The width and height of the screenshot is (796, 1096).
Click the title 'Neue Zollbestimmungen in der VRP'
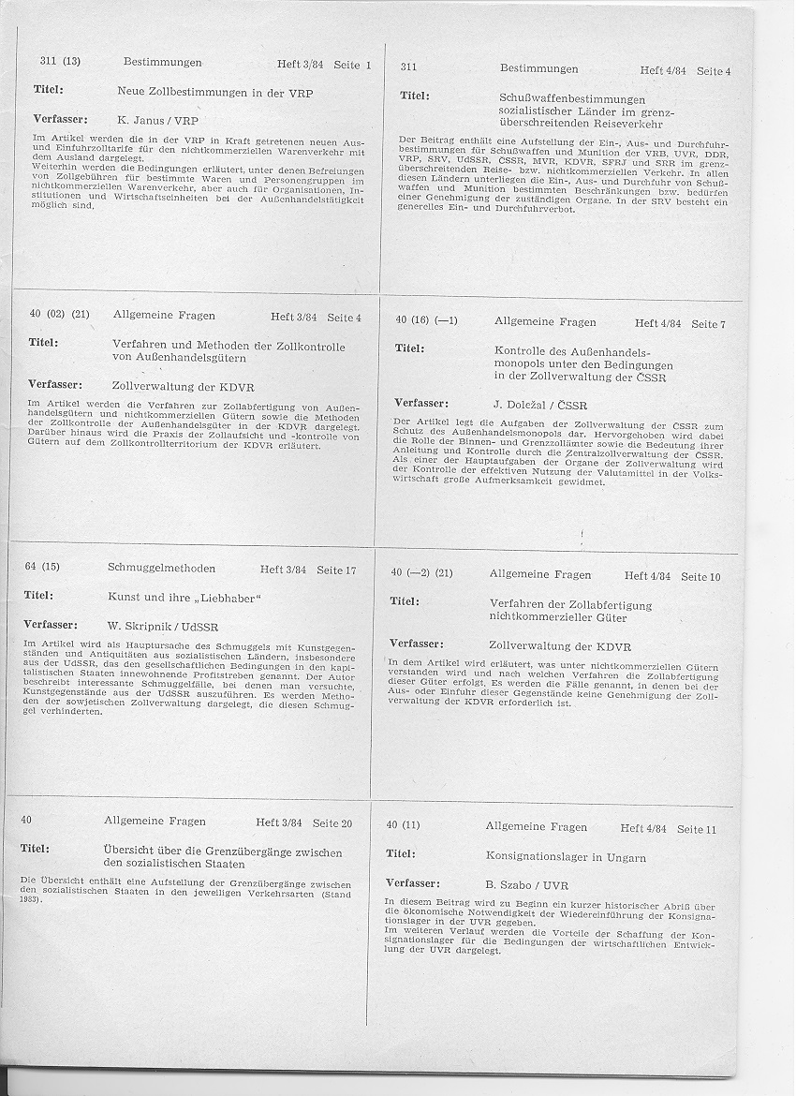point(214,94)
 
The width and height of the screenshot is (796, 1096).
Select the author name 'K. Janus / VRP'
point(158,120)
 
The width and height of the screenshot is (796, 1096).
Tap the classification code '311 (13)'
point(60,62)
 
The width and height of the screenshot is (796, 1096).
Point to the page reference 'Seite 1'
point(352,65)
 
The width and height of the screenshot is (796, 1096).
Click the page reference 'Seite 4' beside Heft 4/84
point(714,71)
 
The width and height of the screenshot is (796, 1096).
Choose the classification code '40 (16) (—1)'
point(426,320)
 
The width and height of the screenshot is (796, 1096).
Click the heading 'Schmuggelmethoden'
point(161,569)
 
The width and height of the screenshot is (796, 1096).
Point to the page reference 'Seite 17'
point(336,570)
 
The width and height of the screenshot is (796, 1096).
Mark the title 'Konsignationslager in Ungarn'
point(567,856)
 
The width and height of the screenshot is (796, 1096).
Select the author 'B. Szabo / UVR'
point(526,884)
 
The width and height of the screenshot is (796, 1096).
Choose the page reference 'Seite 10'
point(700,577)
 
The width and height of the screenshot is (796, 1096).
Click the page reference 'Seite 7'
point(708,324)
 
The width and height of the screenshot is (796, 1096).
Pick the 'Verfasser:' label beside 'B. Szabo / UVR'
point(413,882)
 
